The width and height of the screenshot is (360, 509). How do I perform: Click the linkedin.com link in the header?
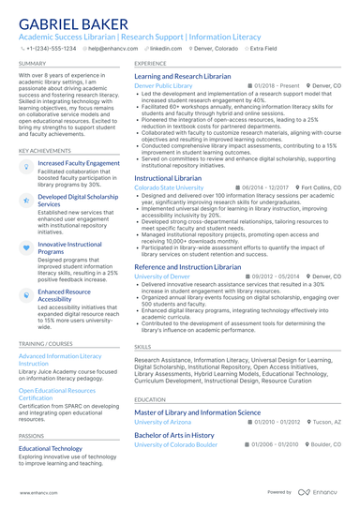click(x=166, y=47)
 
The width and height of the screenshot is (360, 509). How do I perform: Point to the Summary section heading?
click(x=31, y=63)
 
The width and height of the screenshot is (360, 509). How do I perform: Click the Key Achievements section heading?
click(x=43, y=150)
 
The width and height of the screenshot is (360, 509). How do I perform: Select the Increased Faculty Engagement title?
click(x=79, y=163)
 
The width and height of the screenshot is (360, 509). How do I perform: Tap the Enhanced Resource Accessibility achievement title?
click(x=65, y=295)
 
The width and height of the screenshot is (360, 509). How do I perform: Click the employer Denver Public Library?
click(x=163, y=85)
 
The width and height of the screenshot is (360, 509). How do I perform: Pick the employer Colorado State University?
click(x=169, y=187)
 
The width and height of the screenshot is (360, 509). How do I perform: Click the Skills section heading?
click(x=142, y=346)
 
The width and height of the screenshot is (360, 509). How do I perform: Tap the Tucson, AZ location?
click(x=327, y=421)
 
